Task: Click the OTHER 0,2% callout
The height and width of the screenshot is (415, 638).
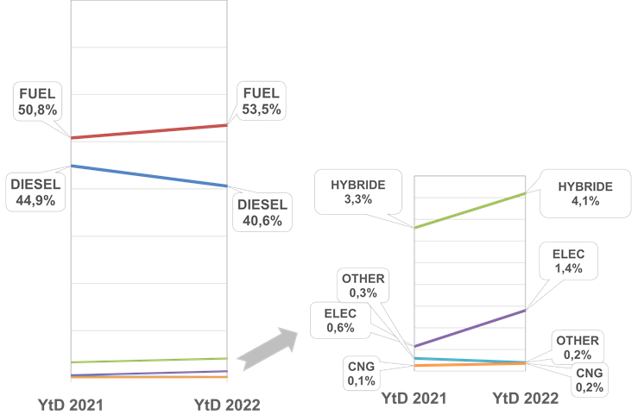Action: [x=577, y=348]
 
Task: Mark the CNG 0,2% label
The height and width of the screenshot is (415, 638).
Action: [x=589, y=380]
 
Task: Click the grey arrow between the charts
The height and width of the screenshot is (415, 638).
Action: [x=268, y=348]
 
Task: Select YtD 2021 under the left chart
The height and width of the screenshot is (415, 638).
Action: [x=70, y=403]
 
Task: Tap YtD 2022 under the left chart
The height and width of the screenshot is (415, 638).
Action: [x=226, y=403]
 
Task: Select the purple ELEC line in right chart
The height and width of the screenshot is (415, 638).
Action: [x=471, y=329]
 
